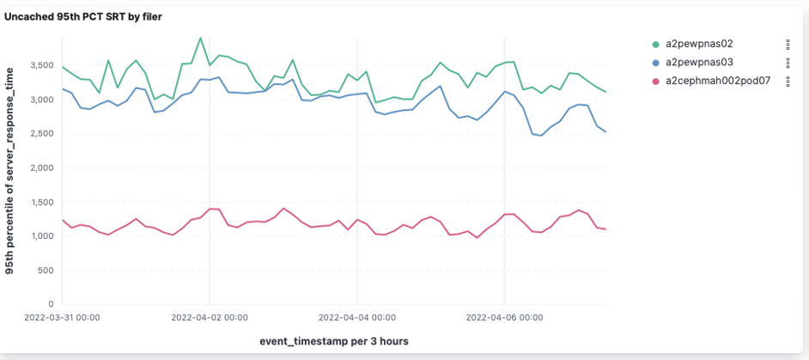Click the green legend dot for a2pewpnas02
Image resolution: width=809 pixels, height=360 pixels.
[655, 44]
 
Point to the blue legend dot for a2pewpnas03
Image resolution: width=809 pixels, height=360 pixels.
[655, 63]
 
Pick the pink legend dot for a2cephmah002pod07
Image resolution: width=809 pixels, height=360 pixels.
[655, 81]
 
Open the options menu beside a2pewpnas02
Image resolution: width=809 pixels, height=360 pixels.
[788, 44]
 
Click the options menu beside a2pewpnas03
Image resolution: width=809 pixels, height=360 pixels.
[788, 63]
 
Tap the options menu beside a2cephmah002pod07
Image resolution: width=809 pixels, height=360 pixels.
[788, 81]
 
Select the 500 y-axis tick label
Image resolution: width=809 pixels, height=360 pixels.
[46, 270]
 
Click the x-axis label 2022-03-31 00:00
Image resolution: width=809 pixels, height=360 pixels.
[64, 316]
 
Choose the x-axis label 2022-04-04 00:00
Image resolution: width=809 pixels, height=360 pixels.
[357, 316]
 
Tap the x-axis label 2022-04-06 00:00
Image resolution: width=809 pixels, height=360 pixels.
[504, 316]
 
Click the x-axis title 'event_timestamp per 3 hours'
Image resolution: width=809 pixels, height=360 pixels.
[333, 341]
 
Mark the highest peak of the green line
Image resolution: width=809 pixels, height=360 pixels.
[200, 38]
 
